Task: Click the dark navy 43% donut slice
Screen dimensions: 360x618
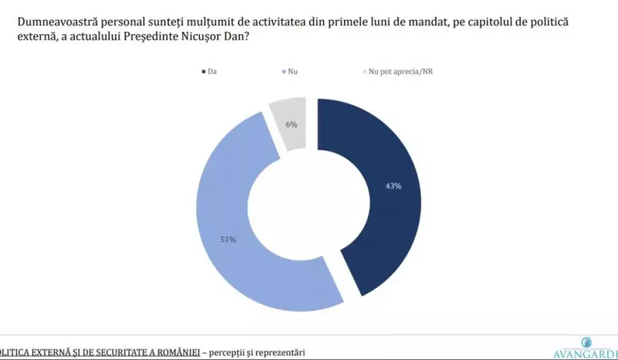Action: coord(384,199)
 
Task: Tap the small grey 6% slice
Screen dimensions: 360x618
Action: coord(289,124)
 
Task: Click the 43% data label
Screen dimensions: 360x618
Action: coord(394,186)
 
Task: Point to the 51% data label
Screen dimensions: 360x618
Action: coord(227,239)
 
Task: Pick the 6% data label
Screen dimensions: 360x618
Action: coord(291,124)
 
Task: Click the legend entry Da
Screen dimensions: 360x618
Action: coord(212,72)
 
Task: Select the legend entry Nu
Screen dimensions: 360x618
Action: coord(293,72)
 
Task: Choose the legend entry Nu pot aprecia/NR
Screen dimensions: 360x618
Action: coord(401,72)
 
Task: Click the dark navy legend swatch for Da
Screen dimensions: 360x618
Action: coord(204,72)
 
